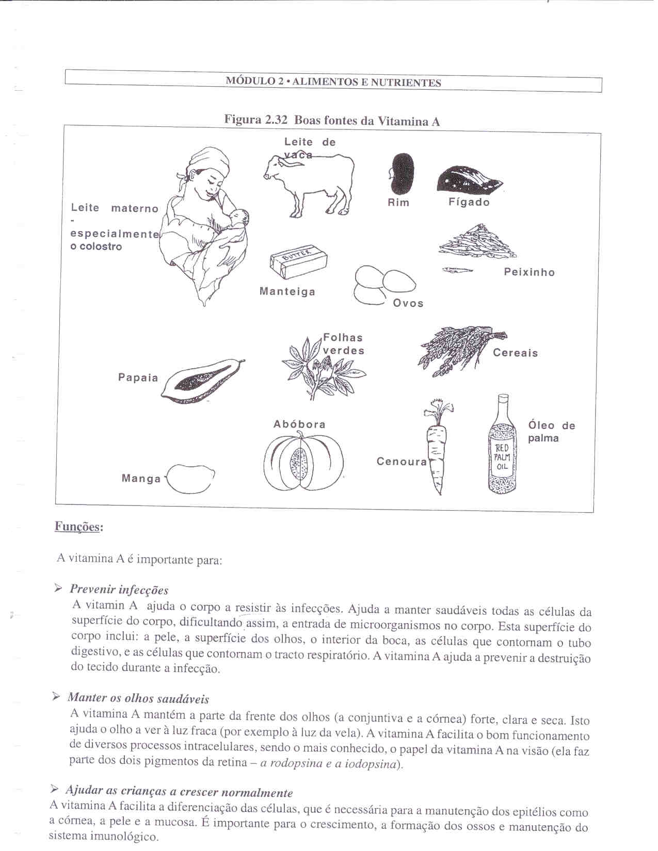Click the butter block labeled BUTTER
tap(298, 260)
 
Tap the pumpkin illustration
tap(303, 461)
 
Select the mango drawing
tap(189, 479)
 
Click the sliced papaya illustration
tap(202, 381)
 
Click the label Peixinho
tap(529, 272)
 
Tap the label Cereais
tap(515, 353)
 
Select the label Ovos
tap(408, 303)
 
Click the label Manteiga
tap(287, 292)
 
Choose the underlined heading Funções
tap(79, 527)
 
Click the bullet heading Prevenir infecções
tap(119, 590)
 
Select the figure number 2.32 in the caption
tap(276, 120)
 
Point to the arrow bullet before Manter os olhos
tap(57, 697)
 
